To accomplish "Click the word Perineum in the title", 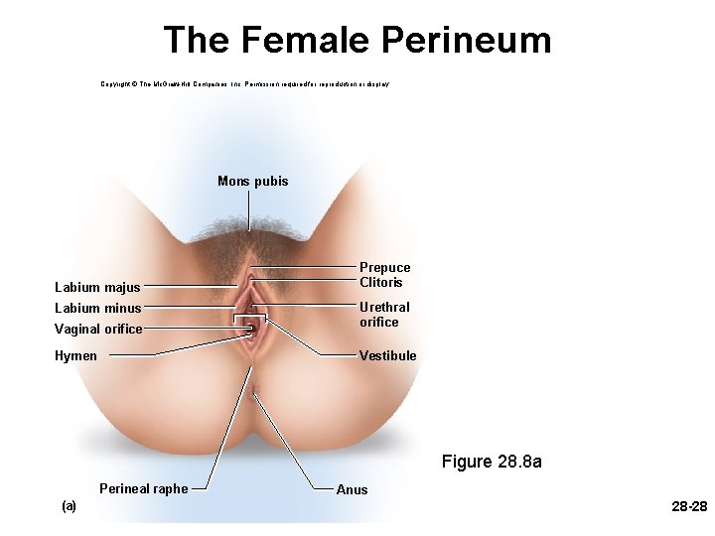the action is (466, 41).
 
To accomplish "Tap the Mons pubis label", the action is (252, 182).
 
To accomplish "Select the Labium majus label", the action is (96, 288).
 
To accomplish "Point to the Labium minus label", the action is (97, 308).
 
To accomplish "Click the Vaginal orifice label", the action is (97, 329).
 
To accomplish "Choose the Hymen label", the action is (75, 355).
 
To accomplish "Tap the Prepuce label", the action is (384, 267).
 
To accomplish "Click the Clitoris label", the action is (381, 282).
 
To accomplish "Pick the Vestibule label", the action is (387, 355).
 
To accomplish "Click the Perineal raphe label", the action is (143, 488).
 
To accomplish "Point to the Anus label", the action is (352, 489).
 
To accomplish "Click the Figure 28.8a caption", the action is (492, 462).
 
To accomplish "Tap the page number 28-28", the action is (689, 507).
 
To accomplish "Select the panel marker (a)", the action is (69, 506).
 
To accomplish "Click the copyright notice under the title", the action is (244, 84).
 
